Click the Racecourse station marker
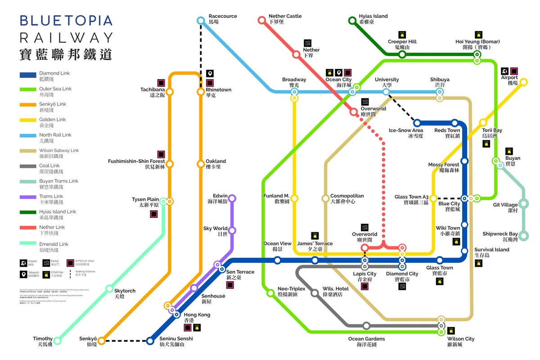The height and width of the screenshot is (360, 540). pyautogui.click(x=201, y=20)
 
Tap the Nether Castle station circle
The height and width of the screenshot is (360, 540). pyautogui.click(x=261, y=20)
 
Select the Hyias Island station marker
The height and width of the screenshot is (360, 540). pyautogui.click(x=352, y=20)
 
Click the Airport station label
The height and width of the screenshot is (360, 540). pyautogui.click(x=509, y=80)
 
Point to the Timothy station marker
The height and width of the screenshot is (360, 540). pyautogui.click(x=57, y=341)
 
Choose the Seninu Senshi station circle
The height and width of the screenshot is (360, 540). pyautogui.click(x=150, y=341)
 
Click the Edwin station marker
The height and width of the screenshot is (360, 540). pyautogui.click(x=232, y=198)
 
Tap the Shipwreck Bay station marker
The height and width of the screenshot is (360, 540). pyautogui.click(x=523, y=235)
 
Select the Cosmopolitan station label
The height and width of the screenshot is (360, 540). pyautogui.click(x=347, y=198)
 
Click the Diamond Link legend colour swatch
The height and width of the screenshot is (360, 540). pyautogui.click(x=27, y=75)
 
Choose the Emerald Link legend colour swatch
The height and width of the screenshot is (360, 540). pyautogui.click(x=27, y=244)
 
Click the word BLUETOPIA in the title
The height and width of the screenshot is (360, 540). pyautogui.click(x=66, y=20)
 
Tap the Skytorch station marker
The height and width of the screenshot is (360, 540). pyautogui.click(x=109, y=288)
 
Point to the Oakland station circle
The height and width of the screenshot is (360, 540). pyautogui.click(x=201, y=164)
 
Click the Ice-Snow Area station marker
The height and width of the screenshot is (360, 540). pyautogui.click(x=417, y=123)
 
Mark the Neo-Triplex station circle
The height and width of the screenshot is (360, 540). pyautogui.click(x=270, y=293)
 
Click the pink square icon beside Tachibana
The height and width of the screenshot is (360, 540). pyautogui.click(x=161, y=82)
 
